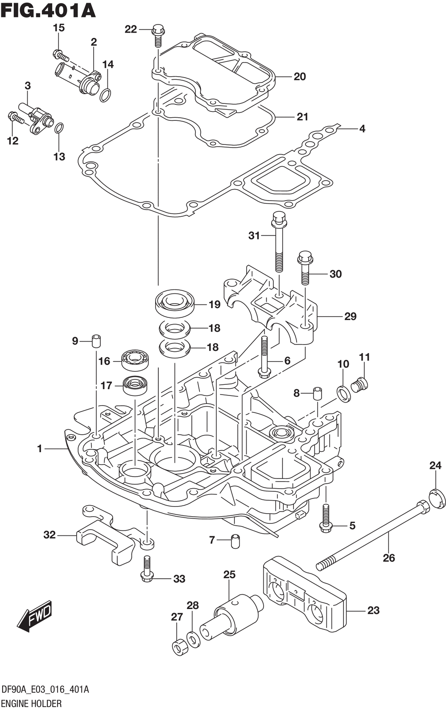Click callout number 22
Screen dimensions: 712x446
(131, 29)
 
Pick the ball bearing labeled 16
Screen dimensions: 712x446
(136, 359)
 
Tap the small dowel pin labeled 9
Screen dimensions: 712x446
(96, 341)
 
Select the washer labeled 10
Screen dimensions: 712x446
(343, 393)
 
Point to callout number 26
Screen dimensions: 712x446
(389, 557)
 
